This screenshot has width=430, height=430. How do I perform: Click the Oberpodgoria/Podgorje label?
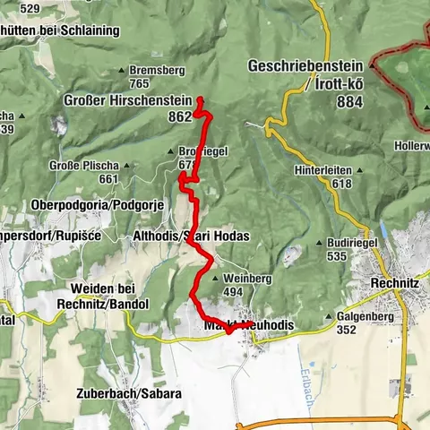[x=97, y=205]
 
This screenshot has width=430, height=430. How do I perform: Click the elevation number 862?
[x=180, y=116]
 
